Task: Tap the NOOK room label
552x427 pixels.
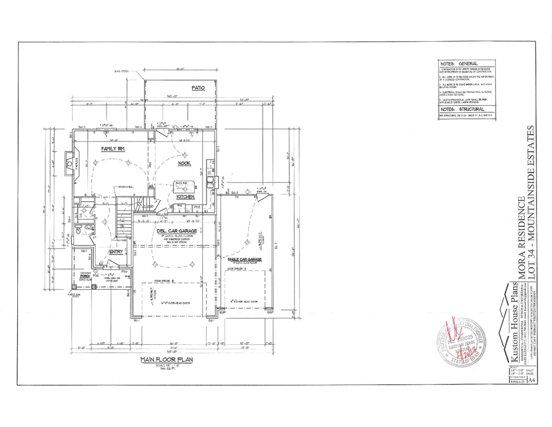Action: (x=184, y=163)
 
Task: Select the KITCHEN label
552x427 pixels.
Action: (x=184, y=197)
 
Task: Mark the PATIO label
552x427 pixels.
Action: (x=198, y=88)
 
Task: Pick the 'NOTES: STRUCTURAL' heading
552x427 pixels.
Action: (x=459, y=110)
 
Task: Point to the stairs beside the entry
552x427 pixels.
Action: (x=124, y=225)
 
